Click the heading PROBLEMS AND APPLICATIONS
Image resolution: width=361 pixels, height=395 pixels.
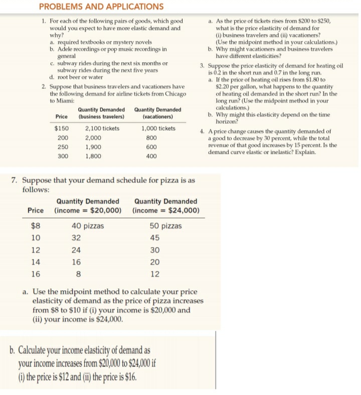coord(101,7)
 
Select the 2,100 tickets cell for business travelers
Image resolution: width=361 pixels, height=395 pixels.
coord(102,128)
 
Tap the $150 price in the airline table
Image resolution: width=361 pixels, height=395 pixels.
coord(62,128)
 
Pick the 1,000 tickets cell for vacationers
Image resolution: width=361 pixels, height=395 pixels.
coord(158,128)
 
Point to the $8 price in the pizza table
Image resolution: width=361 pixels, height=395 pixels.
coord(36,226)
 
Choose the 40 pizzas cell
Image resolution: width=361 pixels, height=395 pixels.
coord(88,226)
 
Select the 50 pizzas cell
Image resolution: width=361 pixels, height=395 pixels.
coord(165,226)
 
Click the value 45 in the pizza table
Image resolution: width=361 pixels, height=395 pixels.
coord(155,238)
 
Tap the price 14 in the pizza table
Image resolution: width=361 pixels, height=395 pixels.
coord(36,262)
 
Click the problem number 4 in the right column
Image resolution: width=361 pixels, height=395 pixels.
coord(201,131)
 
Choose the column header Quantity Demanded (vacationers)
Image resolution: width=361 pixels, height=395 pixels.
coord(158,113)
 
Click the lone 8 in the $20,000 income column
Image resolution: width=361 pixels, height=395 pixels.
coord(77,274)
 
